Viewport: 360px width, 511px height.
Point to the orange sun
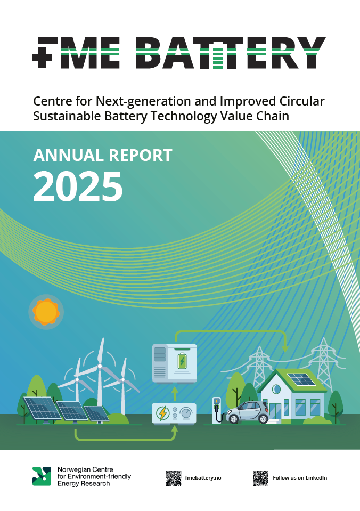tap(46, 312)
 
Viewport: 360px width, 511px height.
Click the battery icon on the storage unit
tap(182, 361)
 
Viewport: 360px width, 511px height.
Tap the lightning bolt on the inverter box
tap(162, 413)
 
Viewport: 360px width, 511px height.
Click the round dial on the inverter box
tap(186, 413)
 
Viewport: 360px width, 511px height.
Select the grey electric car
tap(248, 412)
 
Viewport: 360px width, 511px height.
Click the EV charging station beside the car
tap(216, 410)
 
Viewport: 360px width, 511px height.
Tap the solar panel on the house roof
tap(301, 379)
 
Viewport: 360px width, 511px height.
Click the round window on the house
tap(276, 389)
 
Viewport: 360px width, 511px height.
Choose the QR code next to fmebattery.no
tap(173, 478)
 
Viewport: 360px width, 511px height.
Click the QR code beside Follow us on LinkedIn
tap(260, 478)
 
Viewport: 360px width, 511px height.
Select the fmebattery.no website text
tap(203, 478)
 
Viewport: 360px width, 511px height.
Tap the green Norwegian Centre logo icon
tap(42, 476)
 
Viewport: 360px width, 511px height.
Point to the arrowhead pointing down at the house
tap(285, 348)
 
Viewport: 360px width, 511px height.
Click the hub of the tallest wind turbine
tap(100, 367)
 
